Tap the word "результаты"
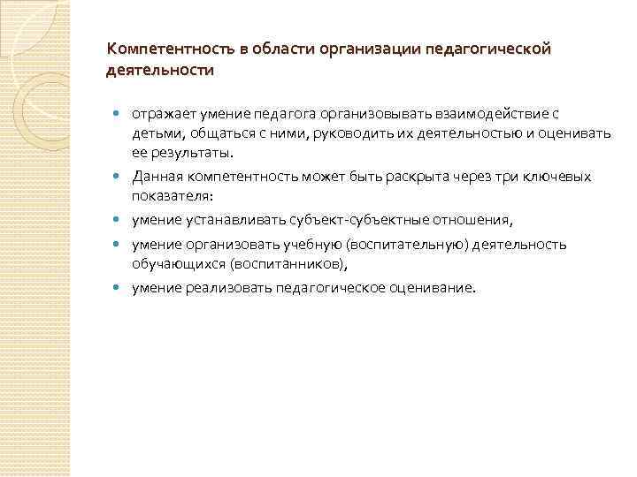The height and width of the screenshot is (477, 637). click(x=189, y=152)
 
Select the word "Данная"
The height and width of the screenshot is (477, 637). click(x=157, y=177)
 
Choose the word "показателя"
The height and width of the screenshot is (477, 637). click(x=170, y=195)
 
